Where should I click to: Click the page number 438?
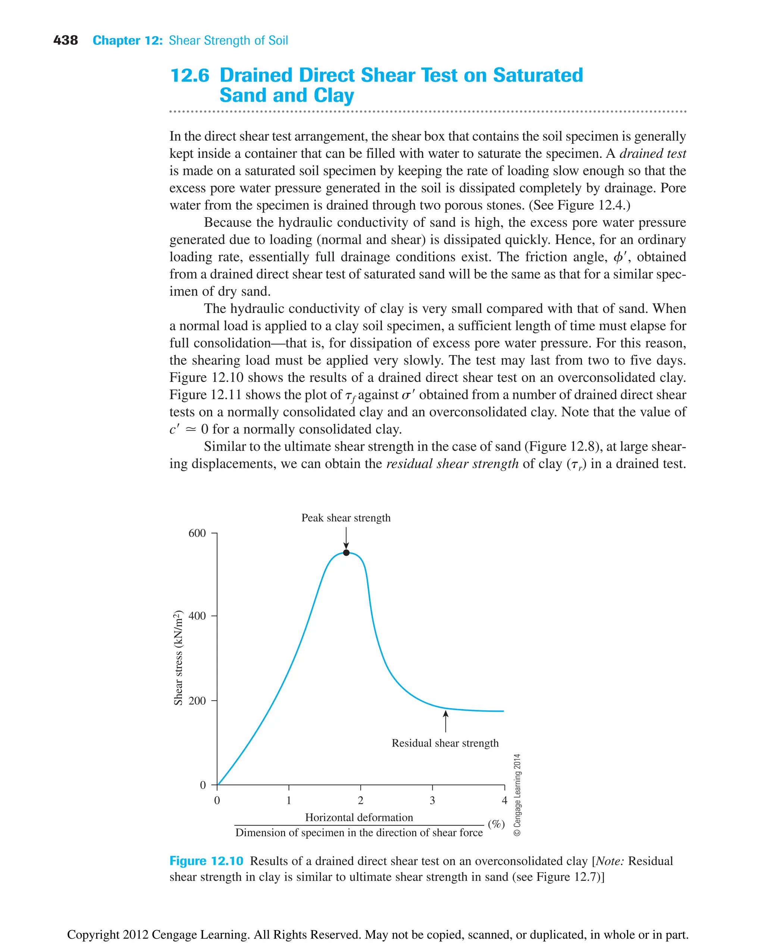tap(66, 41)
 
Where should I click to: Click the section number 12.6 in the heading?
tap(190, 75)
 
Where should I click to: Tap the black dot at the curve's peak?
tap(346, 553)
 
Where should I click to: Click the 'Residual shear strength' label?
tap(445, 743)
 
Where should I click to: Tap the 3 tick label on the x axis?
tap(432, 800)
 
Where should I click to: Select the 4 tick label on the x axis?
tap(504, 800)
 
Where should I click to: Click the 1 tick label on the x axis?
tap(289, 800)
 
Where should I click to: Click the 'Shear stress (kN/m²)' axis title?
tap(178, 658)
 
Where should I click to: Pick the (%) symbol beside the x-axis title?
tap(496, 824)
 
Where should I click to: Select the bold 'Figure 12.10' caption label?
tap(206, 861)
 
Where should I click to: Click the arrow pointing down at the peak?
tap(346, 538)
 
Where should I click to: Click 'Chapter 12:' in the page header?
tap(128, 41)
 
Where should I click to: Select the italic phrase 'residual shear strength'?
tap(453, 463)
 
